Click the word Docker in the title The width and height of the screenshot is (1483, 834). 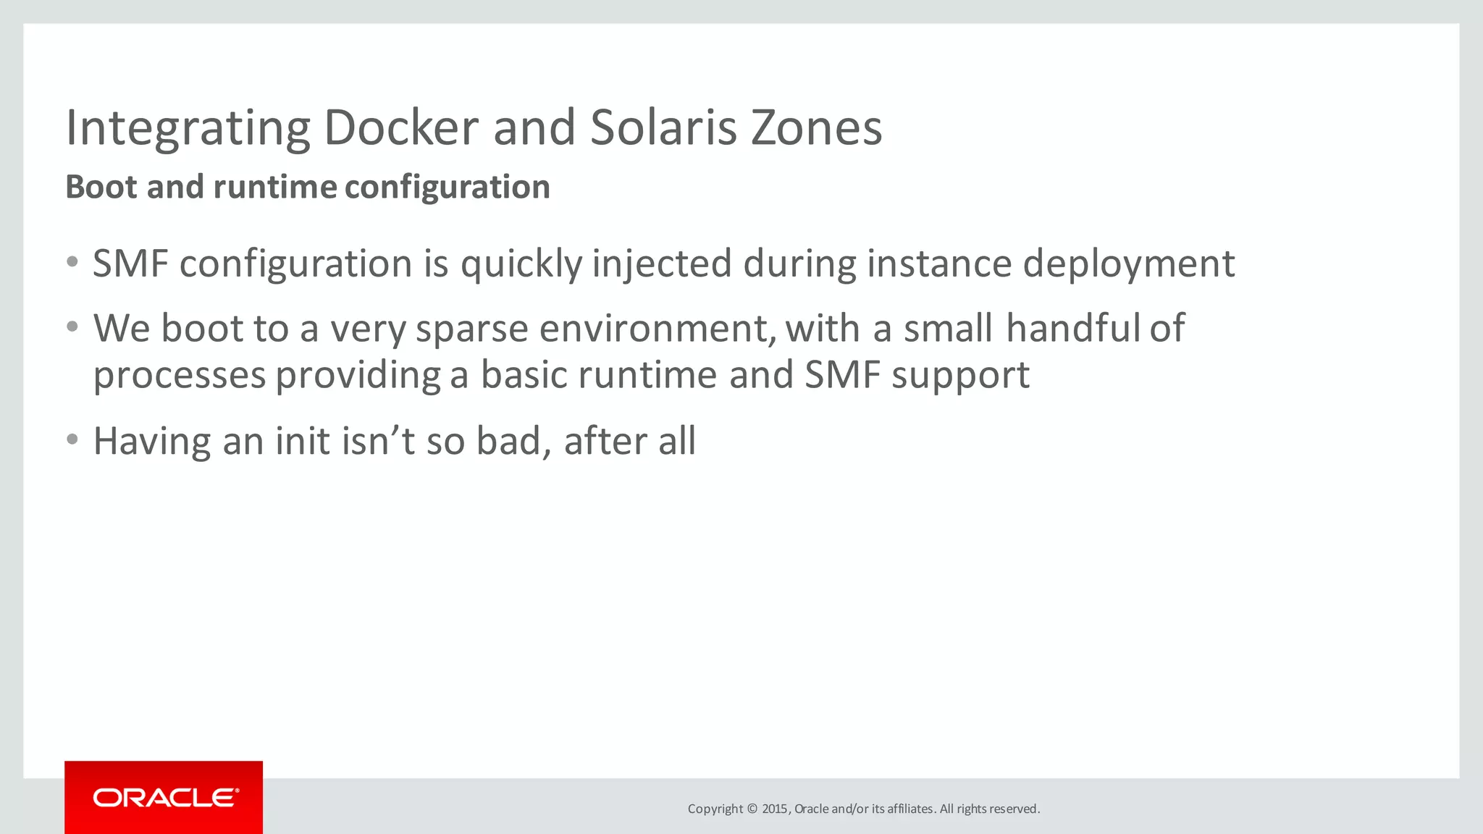click(x=400, y=127)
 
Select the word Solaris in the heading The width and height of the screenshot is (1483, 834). click(x=663, y=127)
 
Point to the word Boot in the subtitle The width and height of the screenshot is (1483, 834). click(x=101, y=187)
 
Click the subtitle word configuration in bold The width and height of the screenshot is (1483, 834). click(x=447, y=188)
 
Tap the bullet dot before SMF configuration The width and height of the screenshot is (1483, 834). click(x=72, y=262)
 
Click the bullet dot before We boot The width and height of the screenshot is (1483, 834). click(x=72, y=327)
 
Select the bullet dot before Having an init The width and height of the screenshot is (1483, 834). click(x=72, y=439)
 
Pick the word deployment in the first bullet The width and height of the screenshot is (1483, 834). click(x=1128, y=264)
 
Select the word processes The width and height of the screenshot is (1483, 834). click(x=180, y=376)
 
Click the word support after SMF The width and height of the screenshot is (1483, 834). click(x=960, y=376)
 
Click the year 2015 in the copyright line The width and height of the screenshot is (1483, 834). click(x=774, y=809)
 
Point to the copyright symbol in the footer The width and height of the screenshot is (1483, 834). click(x=752, y=809)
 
